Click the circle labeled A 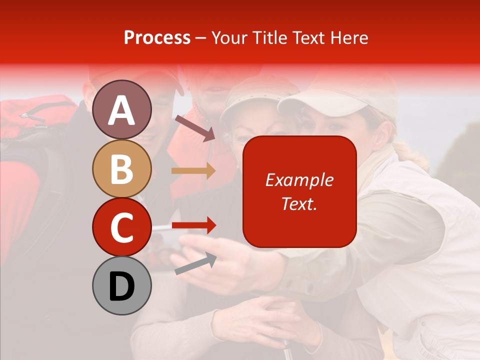(122, 109)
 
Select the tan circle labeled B (122, 168)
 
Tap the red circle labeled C (122, 227)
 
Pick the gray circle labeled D (122, 285)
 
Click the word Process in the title (157, 38)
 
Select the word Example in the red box (299, 180)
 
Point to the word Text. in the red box (299, 203)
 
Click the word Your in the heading (229, 38)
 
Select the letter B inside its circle (122, 168)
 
